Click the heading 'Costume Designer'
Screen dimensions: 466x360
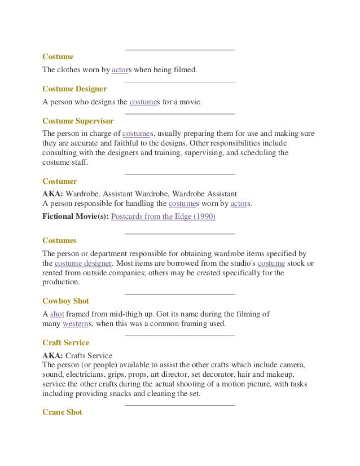74,89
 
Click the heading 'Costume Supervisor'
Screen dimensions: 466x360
78,121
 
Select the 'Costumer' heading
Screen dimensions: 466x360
60,181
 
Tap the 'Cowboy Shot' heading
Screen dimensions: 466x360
65,301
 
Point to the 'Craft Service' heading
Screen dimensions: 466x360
66,342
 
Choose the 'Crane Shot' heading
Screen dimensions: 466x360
62,412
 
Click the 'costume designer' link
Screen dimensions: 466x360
84,263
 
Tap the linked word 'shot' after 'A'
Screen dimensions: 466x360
56,314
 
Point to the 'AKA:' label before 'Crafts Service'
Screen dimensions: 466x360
53,355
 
